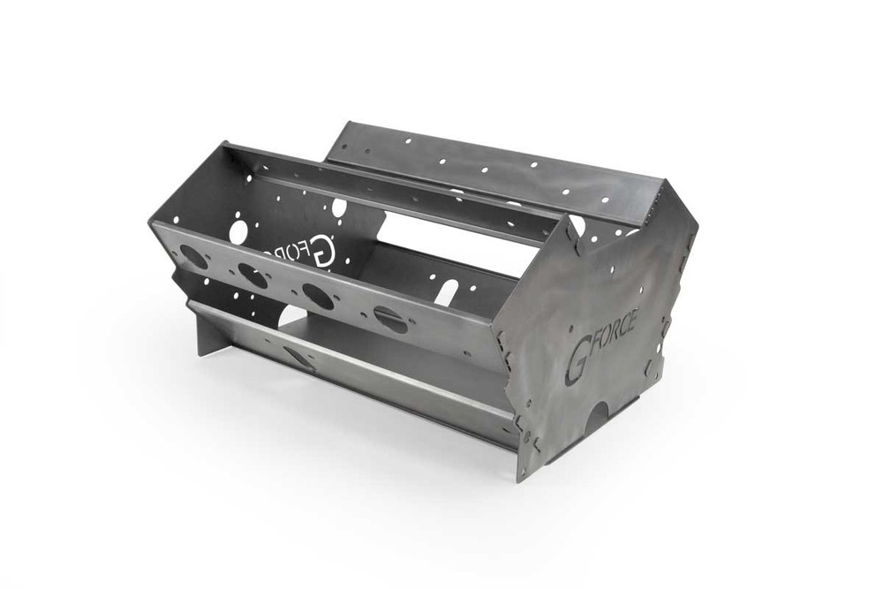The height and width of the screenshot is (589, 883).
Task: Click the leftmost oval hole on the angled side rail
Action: point(193,257)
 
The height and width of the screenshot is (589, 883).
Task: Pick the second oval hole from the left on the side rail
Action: point(253,276)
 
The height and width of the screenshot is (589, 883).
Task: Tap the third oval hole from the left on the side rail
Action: point(318,296)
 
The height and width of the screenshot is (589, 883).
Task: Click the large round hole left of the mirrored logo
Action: point(238,231)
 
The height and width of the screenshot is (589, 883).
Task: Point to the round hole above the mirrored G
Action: point(339,208)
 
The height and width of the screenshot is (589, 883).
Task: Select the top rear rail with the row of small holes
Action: point(494,164)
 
